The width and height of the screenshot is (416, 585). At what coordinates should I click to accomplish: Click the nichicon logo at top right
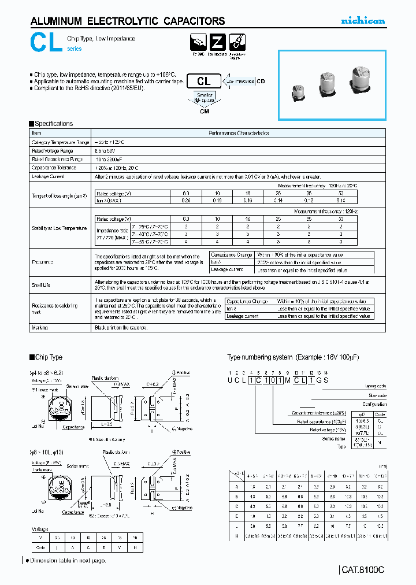click(x=362, y=21)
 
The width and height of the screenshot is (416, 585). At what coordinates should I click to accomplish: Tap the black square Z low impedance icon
click(x=217, y=42)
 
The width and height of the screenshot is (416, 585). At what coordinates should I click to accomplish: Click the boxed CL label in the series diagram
click(x=204, y=82)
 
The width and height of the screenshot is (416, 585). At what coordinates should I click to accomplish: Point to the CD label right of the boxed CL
click(x=261, y=82)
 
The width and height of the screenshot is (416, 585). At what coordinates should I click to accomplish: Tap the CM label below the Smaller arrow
click(x=205, y=112)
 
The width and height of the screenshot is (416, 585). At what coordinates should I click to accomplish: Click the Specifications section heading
click(x=54, y=124)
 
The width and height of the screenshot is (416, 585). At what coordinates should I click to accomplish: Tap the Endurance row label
click(x=43, y=262)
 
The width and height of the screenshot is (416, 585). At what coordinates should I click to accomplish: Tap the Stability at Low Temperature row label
click(x=59, y=228)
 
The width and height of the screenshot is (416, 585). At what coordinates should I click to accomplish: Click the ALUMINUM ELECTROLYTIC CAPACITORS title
click(x=127, y=21)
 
